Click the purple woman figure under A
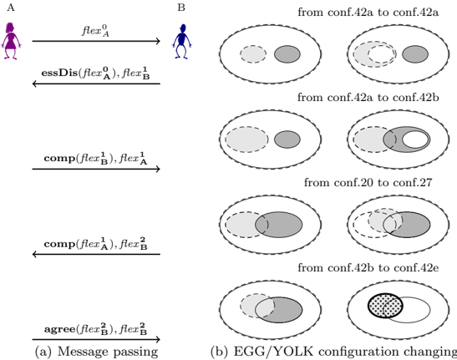point(11,41)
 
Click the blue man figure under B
point(182,42)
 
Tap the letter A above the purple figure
point(11,8)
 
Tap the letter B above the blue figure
point(181,8)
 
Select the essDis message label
point(95,73)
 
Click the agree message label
point(95,329)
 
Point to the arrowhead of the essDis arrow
point(34,84)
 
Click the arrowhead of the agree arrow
point(158,339)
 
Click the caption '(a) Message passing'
point(96,352)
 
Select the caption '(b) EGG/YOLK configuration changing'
point(333,352)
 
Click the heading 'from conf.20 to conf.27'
point(368,182)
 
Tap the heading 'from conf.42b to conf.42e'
point(368,267)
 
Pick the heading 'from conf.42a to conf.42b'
point(368,97)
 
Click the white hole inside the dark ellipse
point(415,139)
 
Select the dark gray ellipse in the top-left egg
point(287,54)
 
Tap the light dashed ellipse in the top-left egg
point(253,54)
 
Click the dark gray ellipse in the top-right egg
point(415,54)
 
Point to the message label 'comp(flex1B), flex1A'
point(95,159)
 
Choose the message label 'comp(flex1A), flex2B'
point(95,244)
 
